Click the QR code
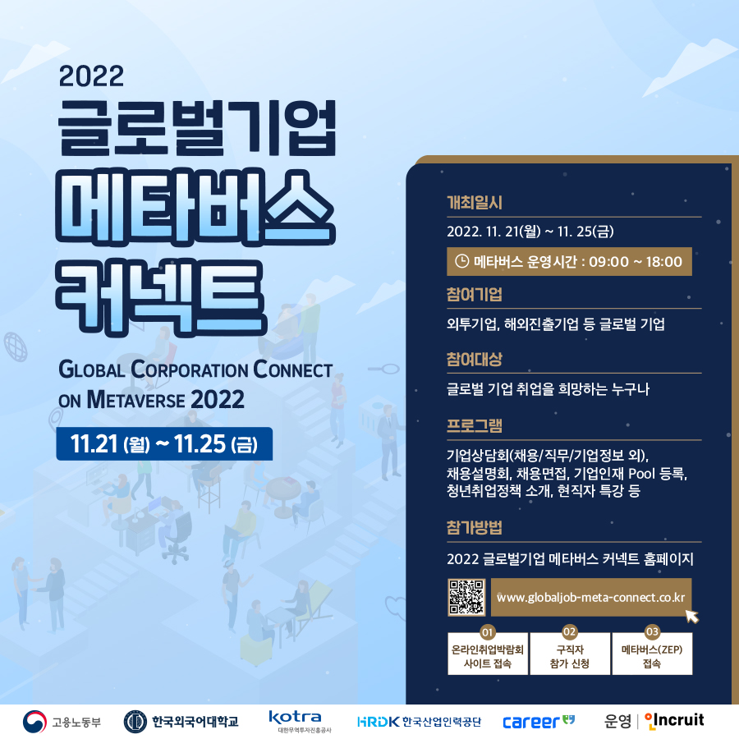pos(466,597)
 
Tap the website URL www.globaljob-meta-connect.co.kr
pos(591,598)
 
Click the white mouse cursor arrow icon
pos(692,616)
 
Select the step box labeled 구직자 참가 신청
pos(570,654)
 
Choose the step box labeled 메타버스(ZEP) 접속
pos(652,654)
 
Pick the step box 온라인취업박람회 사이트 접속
pos(488,654)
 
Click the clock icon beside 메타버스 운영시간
pos(461,261)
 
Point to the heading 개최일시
pos(475,203)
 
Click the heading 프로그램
pos(475,425)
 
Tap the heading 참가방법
pos(475,527)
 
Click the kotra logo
pos(296,721)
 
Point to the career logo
pos(539,722)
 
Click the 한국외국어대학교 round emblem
pos(135,722)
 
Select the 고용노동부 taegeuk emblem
pos(34,722)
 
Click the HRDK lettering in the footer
pos(379,722)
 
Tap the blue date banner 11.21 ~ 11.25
pos(164,443)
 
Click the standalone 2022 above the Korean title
pos(91,76)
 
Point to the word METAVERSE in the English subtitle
pos(136,400)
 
